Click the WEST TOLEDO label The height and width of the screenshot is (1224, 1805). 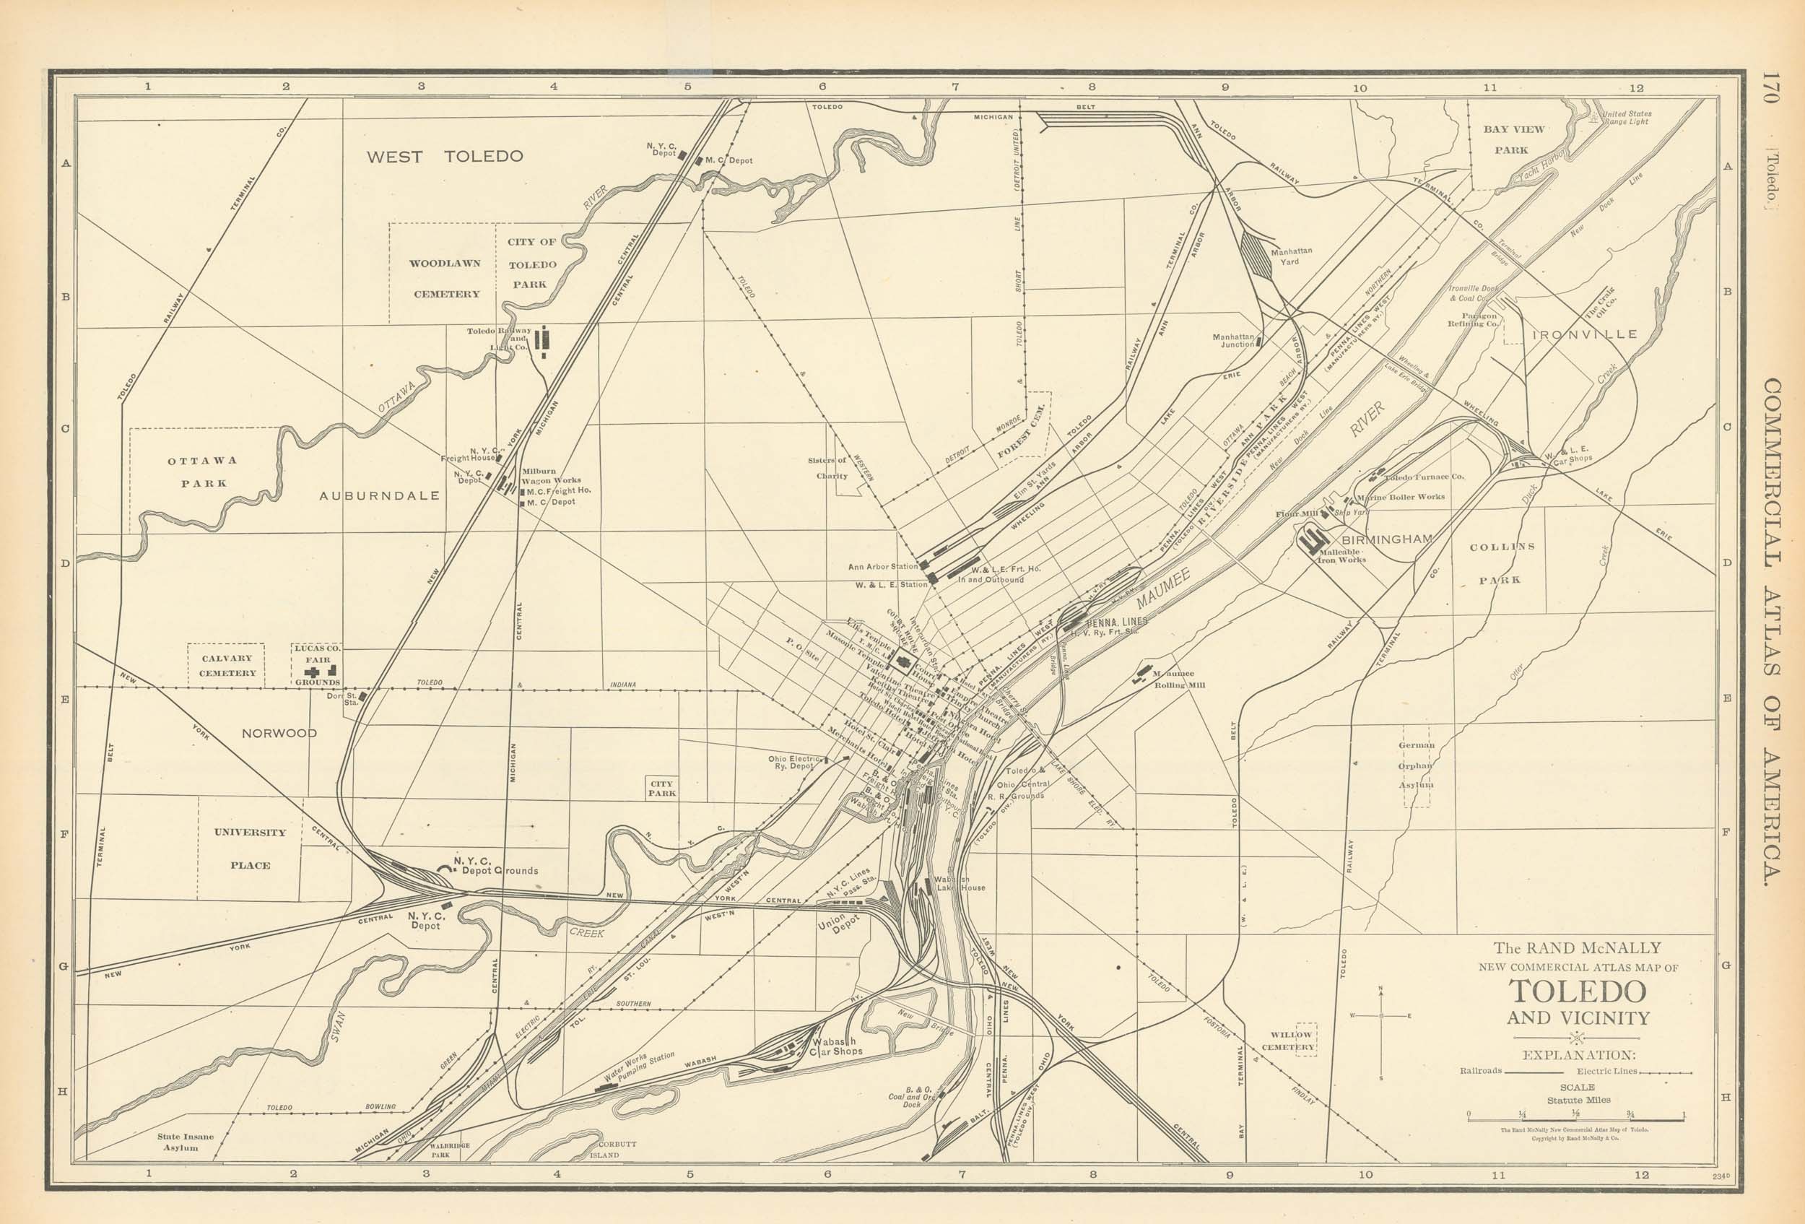444,156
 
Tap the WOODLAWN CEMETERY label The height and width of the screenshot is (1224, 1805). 445,279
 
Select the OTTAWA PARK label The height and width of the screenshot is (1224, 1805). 203,472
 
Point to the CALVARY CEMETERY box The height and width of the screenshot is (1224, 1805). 227,666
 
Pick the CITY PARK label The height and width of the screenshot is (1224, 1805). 662,789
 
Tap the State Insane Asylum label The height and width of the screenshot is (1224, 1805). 185,1142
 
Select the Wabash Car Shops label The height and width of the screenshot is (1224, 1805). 835,1046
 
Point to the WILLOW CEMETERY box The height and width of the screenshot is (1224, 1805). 1292,1041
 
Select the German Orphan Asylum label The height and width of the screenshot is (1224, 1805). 1417,765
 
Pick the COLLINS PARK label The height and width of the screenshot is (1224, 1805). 1500,563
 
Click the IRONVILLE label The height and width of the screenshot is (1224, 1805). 1584,335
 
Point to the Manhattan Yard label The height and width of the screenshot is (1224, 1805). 1291,256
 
